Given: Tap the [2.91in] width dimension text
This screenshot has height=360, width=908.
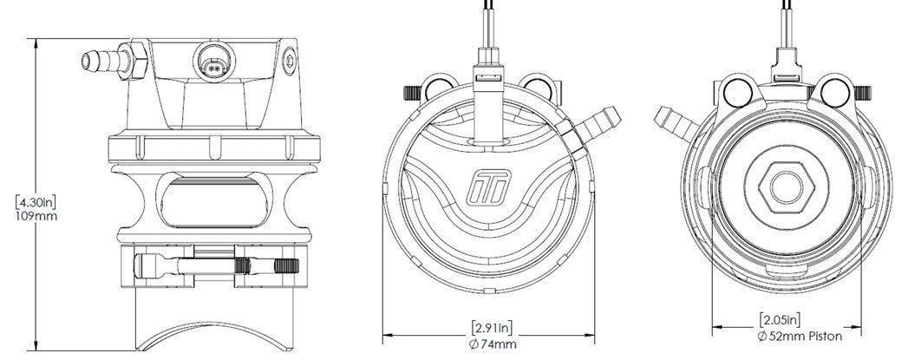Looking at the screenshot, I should [x=492, y=327].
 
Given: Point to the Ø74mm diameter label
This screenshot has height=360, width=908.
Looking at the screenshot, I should [x=492, y=344].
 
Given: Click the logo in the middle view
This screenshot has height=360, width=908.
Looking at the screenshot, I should [x=492, y=185].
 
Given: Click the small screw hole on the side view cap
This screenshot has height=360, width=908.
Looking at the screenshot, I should [x=288, y=60].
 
